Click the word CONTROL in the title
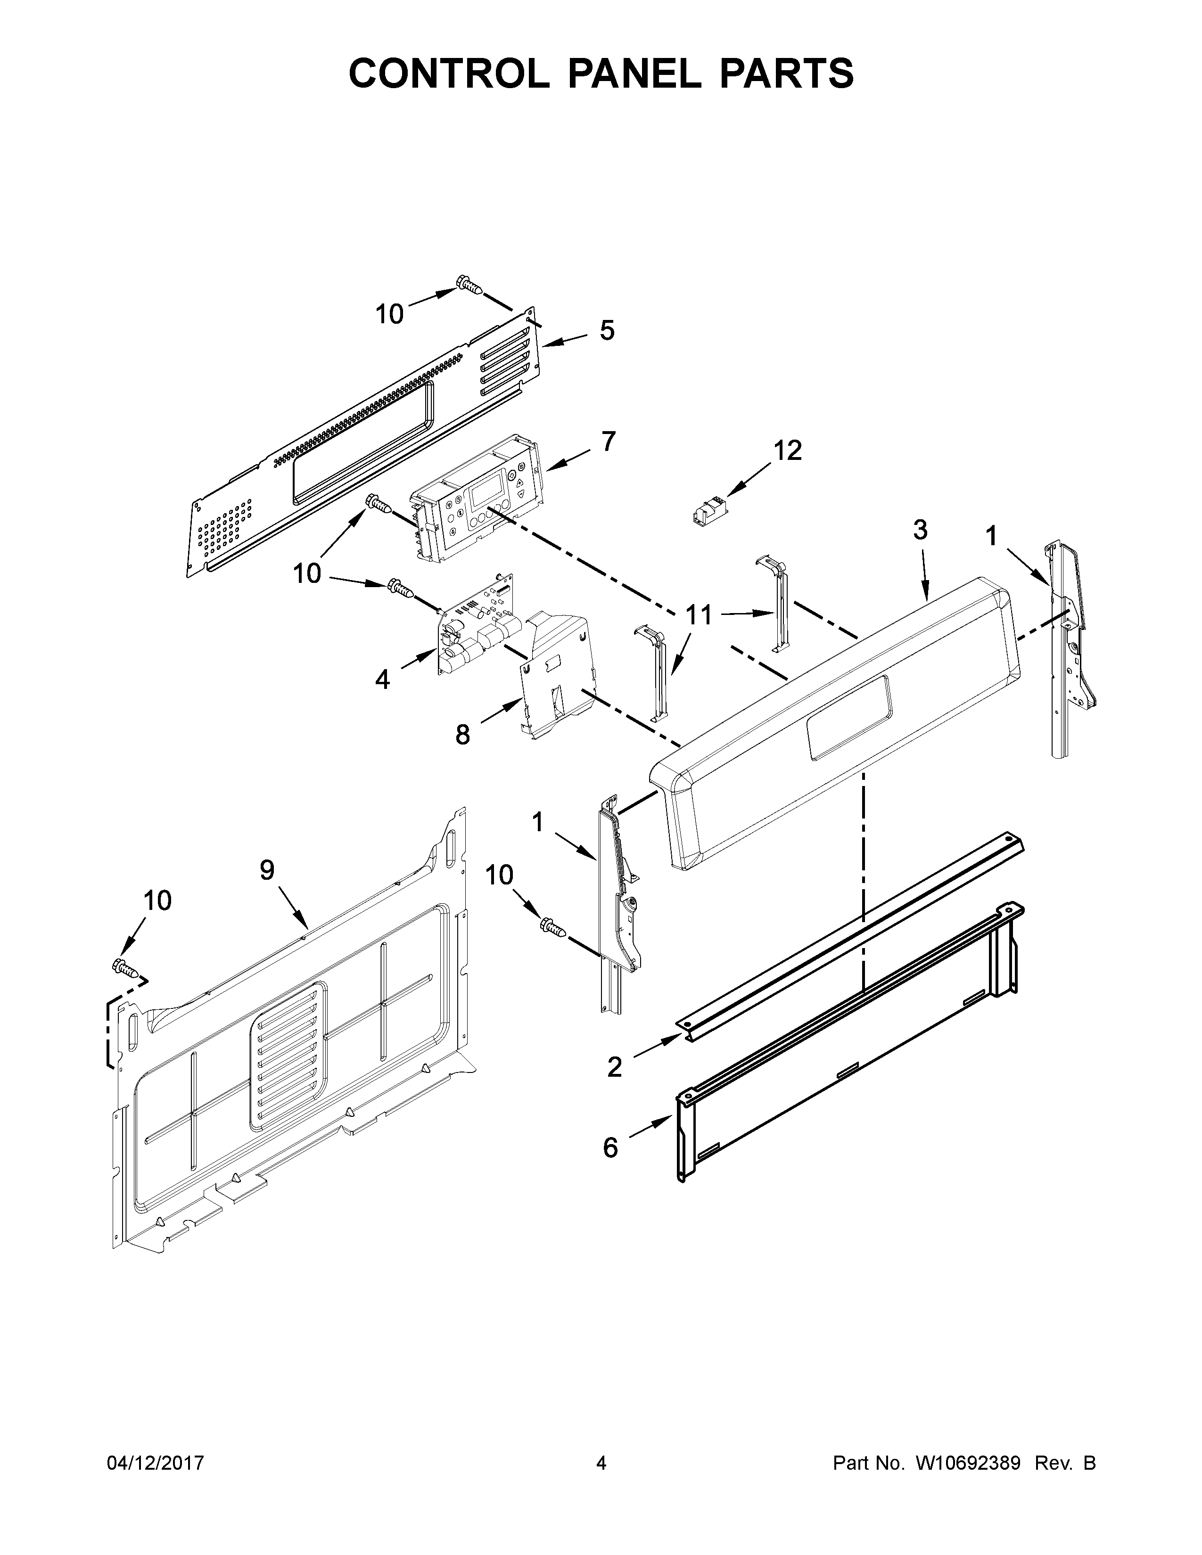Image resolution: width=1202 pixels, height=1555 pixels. pyautogui.click(x=449, y=74)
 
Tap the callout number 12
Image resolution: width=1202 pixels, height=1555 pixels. pyautogui.click(x=788, y=450)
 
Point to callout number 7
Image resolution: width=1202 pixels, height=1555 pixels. pyautogui.click(x=608, y=442)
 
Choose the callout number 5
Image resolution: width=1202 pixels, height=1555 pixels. pyautogui.click(x=607, y=330)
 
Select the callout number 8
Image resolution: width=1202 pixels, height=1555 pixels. pyautogui.click(x=463, y=734)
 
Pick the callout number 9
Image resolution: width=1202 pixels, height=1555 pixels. pyautogui.click(x=267, y=869)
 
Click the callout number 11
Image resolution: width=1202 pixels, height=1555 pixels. pyautogui.click(x=699, y=614)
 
